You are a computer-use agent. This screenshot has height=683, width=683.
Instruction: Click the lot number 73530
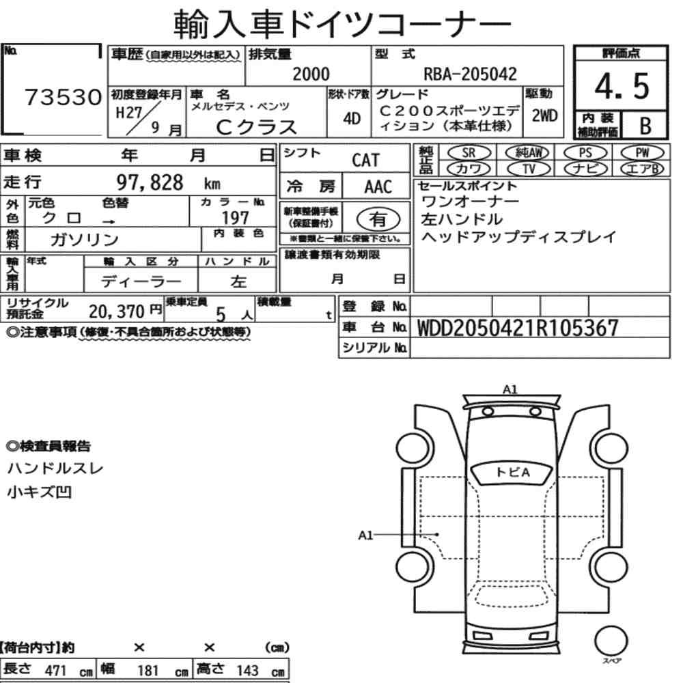pyautogui.click(x=63, y=97)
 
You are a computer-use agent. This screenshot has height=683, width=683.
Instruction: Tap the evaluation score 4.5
pyautogui.click(x=622, y=86)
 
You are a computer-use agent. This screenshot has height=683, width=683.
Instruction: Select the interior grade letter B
pyautogui.click(x=645, y=126)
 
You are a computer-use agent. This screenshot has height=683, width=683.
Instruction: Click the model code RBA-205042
pyautogui.click(x=470, y=74)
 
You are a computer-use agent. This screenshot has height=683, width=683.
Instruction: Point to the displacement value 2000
pyautogui.click(x=311, y=74)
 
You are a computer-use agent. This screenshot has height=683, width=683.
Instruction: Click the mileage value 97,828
pyautogui.click(x=150, y=182)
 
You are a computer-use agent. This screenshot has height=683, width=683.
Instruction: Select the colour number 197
pyautogui.click(x=235, y=217)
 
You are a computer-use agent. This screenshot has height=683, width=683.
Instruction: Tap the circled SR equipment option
pyautogui.click(x=469, y=153)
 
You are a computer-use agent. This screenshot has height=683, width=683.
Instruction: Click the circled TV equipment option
pyautogui.click(x=529, y=169)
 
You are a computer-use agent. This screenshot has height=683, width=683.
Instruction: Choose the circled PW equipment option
pyautogui.click(x=642, y=153)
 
